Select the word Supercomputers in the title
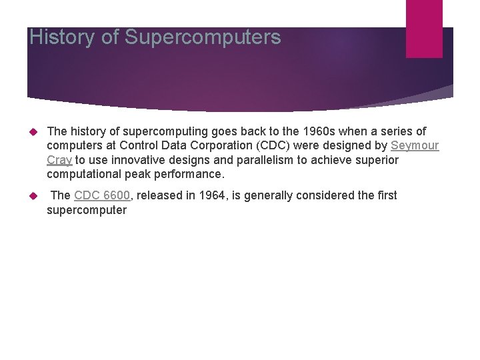point(203,38)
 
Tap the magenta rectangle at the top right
point(424,29)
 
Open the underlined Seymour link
point(415,145)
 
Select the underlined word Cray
point(59,160)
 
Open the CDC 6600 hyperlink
point(102,195)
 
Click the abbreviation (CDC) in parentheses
point(272,145)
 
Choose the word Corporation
point(223,145)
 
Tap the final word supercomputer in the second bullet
point(87,210)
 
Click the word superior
point(377,160)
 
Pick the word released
point(158,195)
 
